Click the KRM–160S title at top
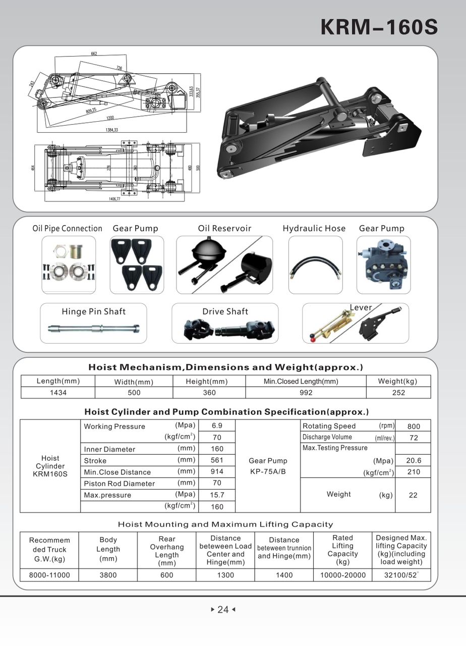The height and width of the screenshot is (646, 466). coord(379,27)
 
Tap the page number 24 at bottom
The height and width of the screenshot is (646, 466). coord(223,610)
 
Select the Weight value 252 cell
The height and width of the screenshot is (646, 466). coord(398,393)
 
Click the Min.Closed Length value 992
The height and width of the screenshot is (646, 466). coord(306,393)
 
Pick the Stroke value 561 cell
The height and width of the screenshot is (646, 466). coord(217,460)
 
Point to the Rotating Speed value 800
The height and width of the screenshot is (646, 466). coord(413,426)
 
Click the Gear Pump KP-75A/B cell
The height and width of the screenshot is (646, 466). coord(268,466)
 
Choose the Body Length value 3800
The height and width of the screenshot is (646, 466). coord(108,575)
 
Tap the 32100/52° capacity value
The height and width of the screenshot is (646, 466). coord(401,575)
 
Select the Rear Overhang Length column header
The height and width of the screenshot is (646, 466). coord(167,551)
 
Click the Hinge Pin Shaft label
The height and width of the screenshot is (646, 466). coord(93,311)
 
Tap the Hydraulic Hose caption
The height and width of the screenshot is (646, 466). coord(314,229)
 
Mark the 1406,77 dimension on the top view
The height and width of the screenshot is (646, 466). coord(115,199)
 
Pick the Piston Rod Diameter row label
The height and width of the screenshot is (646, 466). coord(120,483)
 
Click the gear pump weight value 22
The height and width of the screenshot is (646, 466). coord(413,495)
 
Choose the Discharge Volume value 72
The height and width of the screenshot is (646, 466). coord(414,438)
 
